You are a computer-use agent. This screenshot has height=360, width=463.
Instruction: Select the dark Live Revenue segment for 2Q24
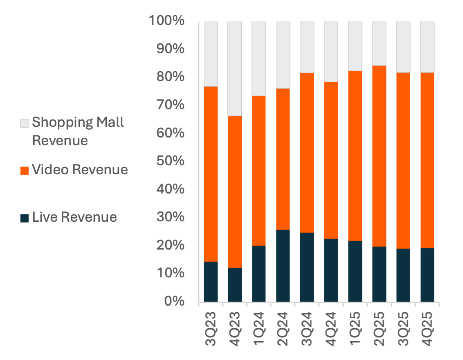(x=283, y=265)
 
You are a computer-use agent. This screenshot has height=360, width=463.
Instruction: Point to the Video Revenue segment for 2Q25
(x=379, y=156)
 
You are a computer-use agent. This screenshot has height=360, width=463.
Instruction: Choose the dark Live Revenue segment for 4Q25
(x=427, y=274)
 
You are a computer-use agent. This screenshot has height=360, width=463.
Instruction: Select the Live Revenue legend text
(x=74, y=217)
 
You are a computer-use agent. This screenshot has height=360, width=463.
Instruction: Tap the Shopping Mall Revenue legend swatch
(x=25, y=123)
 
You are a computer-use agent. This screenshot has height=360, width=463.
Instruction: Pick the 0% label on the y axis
(x=173, y=301)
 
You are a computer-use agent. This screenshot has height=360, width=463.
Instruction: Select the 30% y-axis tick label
(x=170, y=217)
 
